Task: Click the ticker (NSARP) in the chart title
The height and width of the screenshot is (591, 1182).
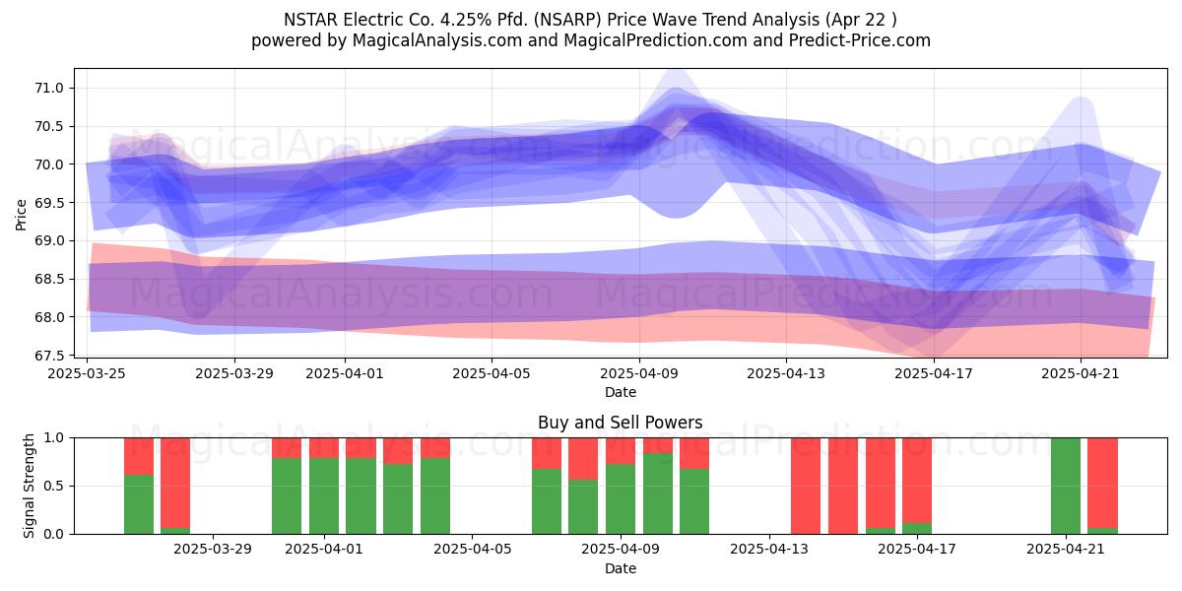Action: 567,20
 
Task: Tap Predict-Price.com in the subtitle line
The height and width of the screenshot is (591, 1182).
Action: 860,40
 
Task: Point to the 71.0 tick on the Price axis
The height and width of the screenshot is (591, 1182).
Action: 49,88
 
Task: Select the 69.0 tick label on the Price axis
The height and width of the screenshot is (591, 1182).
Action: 49,241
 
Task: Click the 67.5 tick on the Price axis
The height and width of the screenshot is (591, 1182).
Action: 49,356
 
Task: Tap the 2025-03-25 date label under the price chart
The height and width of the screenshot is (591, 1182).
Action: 87,373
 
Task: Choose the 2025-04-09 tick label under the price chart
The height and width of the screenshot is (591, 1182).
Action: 639,373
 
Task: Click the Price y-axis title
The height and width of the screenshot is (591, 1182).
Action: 21,215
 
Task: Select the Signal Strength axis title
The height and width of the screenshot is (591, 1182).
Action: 29,486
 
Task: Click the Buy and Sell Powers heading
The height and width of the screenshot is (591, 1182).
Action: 620,423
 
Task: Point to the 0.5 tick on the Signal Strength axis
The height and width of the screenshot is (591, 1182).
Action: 53,486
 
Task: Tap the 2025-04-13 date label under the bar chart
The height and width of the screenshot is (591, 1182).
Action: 769,550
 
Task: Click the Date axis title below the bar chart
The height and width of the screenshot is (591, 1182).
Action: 620,568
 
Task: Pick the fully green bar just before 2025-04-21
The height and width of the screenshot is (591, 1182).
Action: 1066,486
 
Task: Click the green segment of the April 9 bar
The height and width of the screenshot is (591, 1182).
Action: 658,493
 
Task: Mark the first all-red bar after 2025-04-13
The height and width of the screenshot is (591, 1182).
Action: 806,486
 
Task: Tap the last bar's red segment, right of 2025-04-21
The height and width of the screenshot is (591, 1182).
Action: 1103,483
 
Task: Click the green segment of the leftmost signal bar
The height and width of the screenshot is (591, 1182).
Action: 139,504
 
